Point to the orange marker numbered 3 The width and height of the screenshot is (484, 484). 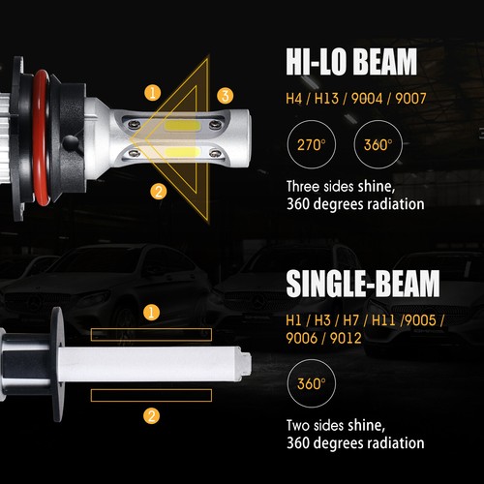pyautogui.click(x=225, y=95)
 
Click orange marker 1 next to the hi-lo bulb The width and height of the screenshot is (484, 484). pyautogui.click(x=153, y=93)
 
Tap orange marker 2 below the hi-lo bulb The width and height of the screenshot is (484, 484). pyautogui.click(x=159, y=191)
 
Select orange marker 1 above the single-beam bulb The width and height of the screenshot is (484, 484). pyautogui.click(x=152, y=312)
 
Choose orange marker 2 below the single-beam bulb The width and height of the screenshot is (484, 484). pyautogui.click(x=152, y=416)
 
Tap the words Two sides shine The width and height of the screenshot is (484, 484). pyautogui.click(x=335, y=425)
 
